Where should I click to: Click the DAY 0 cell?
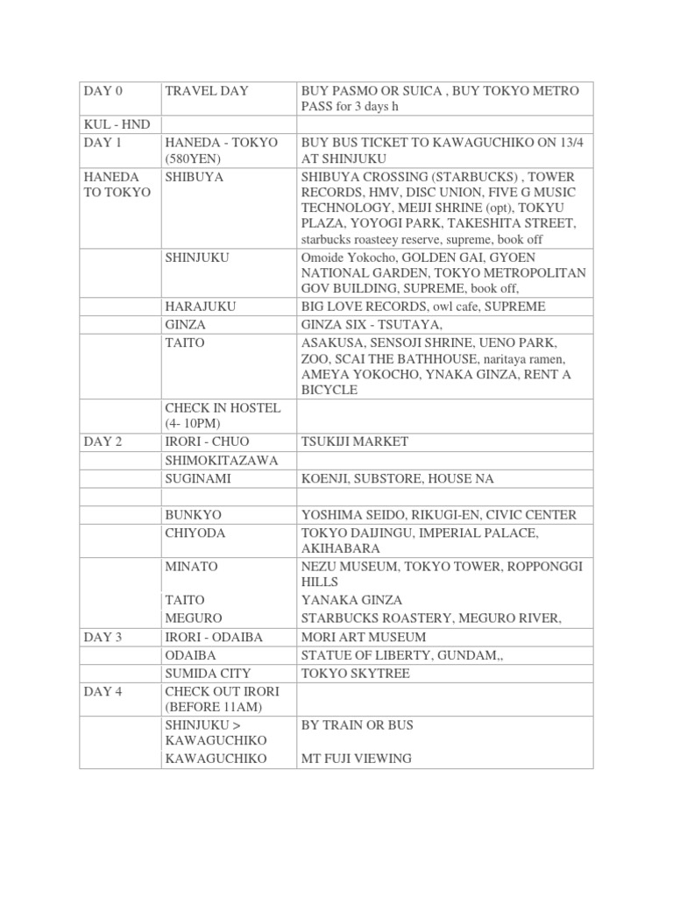tap(103, 90)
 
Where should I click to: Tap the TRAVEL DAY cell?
tap(207, 90)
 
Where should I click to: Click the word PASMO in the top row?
tap(352, 90)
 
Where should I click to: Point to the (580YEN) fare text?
tap(195, 159)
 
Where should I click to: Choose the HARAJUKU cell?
tap(201, 307)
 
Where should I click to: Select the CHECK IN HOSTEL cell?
tap(223, 408)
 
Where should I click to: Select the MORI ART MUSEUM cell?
tap(364, 637)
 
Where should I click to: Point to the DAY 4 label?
tap(103, 692)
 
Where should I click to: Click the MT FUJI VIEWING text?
tap(357, 758)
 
